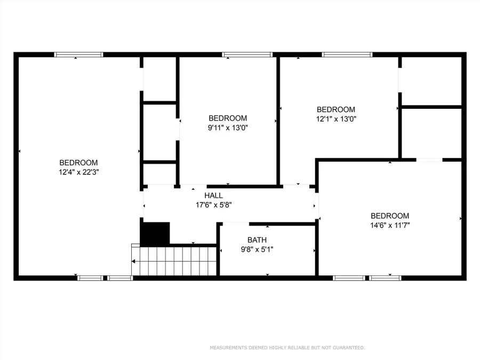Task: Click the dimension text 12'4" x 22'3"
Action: coord(78,172)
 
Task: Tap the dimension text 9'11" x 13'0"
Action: coord(228,127)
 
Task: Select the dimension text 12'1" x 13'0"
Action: coord(335,119)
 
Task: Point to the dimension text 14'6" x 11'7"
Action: coord(390,225)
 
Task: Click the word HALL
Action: coord(213,196)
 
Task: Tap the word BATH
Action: coord(257,240)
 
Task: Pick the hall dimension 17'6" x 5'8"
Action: coord(213,205)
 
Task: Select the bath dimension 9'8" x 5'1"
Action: coord(257,249)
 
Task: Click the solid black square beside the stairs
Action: coord(155,234)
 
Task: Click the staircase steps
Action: coord(176,261)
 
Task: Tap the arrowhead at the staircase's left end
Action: coord(134,261)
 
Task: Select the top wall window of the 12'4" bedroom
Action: coord(79,54)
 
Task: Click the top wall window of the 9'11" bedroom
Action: coord(247,54)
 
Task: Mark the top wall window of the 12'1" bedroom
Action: coord(347,54)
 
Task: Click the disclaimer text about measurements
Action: coord(287,348)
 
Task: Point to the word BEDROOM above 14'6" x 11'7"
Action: coord(390,216)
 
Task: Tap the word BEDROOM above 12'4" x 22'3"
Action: coord(78,163)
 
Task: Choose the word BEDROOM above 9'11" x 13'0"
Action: coord(228,118)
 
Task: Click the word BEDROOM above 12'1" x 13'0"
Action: coord(335,110)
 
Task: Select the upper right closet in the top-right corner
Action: coord(431,81)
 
